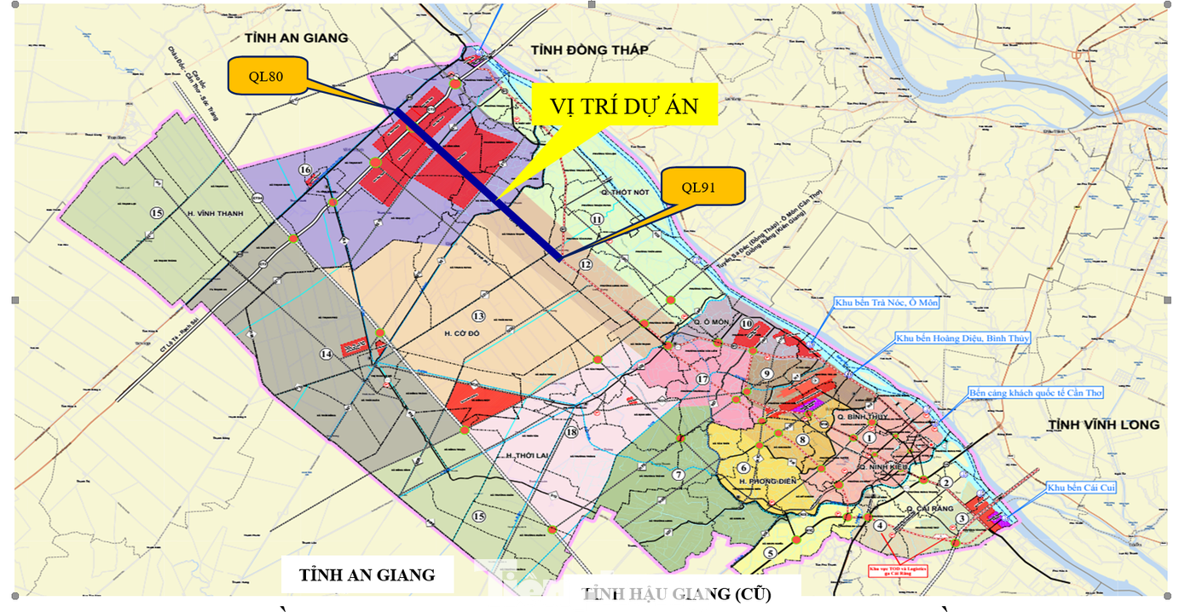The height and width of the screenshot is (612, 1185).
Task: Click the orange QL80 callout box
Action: tap(266, 77)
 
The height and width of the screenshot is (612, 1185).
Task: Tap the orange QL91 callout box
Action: tap(702, 187)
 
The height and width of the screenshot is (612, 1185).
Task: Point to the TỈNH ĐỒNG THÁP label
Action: tap(589, 50)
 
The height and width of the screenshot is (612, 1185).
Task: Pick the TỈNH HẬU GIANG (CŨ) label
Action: tap(682, 594)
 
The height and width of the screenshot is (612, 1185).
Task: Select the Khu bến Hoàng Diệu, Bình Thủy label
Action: tap(962, 338)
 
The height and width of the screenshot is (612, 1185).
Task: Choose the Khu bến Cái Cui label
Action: tap(1082, 488)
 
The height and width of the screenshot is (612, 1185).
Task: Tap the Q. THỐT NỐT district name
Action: tap(622, 193)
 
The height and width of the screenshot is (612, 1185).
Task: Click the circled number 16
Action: tap(304, 170)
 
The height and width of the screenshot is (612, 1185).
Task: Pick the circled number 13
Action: tap(479, 316)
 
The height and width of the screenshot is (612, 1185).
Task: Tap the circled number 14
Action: tap(326, 354)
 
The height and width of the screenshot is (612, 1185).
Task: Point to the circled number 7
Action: tap(678, 475)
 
